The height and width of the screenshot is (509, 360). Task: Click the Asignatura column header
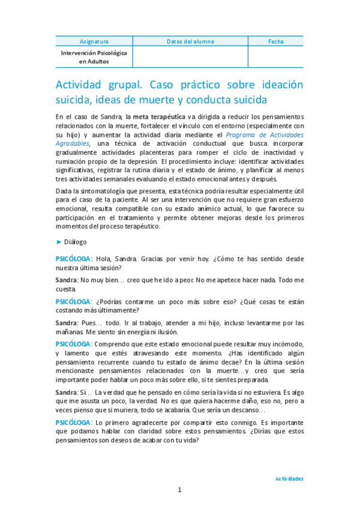(94, 41)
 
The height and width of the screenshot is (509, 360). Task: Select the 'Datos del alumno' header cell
(190, 41)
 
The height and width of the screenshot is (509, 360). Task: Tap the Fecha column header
(276, 41)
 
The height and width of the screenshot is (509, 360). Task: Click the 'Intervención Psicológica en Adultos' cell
(94, 57)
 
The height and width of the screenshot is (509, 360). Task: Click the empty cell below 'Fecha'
(276, 57)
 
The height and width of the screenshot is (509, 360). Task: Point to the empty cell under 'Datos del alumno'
(190, 57)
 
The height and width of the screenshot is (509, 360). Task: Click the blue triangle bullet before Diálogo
(58, 242)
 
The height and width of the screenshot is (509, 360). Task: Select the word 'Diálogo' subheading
(76, 242)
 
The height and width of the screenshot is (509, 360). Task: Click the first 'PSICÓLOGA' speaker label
(73, 259)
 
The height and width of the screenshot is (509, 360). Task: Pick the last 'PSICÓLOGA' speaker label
(73, 423)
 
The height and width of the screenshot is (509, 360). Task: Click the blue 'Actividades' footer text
(289, 479)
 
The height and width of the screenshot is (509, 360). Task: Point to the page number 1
(179, 490)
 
